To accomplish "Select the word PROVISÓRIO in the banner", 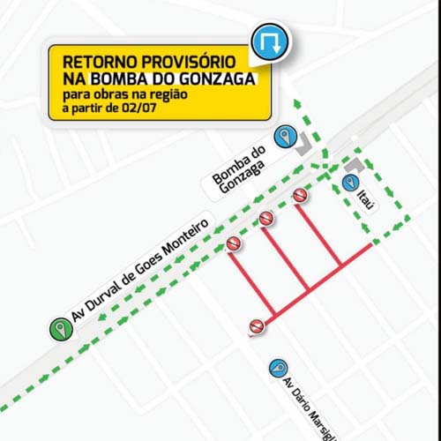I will pyautogui.click(x=191, y=64).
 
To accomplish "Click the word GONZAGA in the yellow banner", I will pyautogui.click(x=215, y=79).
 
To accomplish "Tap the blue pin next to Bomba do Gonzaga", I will pyautogui.click(x=284, y=136).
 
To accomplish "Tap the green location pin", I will pyautogui.click(x=59, y=330).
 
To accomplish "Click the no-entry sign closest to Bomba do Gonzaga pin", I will pyautogui.click(x=300, y=196).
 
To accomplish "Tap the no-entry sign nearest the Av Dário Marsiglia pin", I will pyautogui.click(x=256, y=326).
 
